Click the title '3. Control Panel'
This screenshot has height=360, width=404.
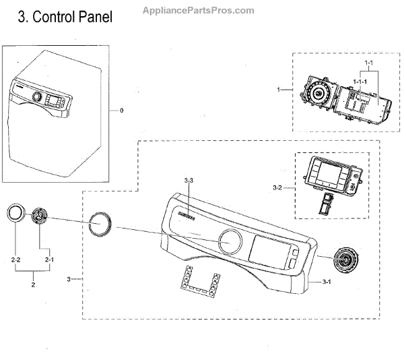point(65,16)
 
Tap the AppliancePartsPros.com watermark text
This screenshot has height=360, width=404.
point(199,10)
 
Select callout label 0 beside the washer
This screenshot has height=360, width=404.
point(121,110)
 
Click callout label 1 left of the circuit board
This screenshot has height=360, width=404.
point(279,89)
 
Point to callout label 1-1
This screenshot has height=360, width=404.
point(369,63)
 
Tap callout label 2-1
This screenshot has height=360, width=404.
point(48,260)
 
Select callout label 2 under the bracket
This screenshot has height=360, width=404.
point(32,285)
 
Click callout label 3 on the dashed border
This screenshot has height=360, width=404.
point(70,278)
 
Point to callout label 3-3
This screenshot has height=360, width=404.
point(189,180)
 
